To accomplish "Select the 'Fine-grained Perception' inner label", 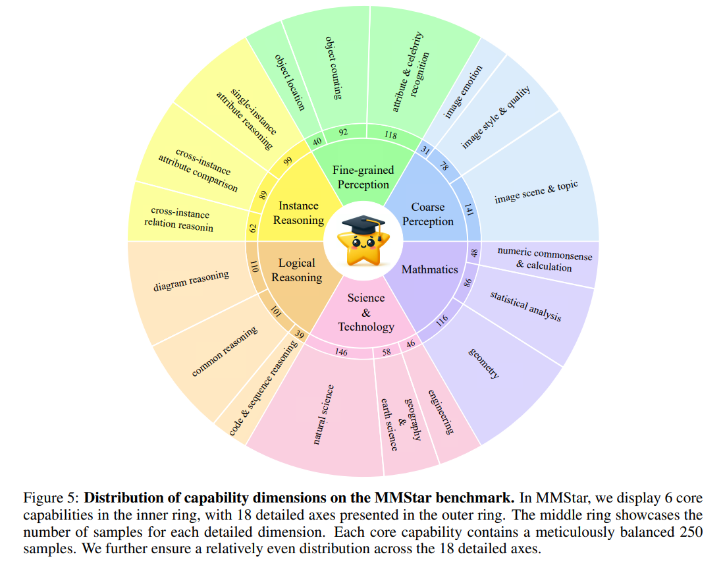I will click(x=363, y=178).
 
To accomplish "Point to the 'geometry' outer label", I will click(x=483, y=363).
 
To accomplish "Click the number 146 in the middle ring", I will click(x=340, y=352).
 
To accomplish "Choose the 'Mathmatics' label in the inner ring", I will click(x=429, y=269).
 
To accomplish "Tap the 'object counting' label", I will click(x=335, y=68).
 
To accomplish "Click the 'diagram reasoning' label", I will click(x=191, y=281).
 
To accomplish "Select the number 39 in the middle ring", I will click(x=300, y=335).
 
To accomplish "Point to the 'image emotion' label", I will click(x=464, y=91).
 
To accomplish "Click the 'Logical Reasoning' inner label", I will click(x=297, y=270).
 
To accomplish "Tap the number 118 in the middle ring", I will click(x=390, y=135).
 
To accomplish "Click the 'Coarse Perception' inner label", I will click(x=428, y=214).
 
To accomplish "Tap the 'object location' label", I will click(x=290, y=81).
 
